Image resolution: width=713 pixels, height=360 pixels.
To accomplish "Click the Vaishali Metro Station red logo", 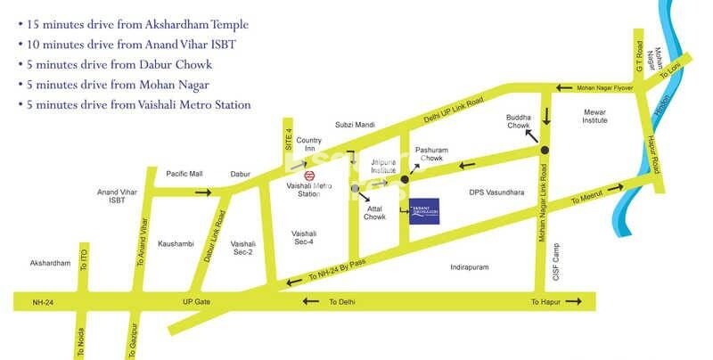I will coord(308,175).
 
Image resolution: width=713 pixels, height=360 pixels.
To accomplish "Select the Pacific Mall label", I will coord(184,174).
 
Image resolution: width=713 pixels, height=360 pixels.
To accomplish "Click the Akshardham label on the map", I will coord(50,264).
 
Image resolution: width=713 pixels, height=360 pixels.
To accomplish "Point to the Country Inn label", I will coord(309,145).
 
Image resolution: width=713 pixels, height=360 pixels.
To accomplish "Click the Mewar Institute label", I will coord(594,117).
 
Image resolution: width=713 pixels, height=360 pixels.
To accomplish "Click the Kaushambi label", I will coord(176,243).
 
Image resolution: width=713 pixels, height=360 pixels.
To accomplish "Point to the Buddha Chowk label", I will coord(519,122).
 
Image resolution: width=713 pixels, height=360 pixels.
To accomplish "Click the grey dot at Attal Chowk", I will coord(356,189).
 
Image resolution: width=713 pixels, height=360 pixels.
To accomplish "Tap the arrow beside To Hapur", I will coord(579,302).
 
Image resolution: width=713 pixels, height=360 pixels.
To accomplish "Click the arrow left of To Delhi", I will coord(309,301).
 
